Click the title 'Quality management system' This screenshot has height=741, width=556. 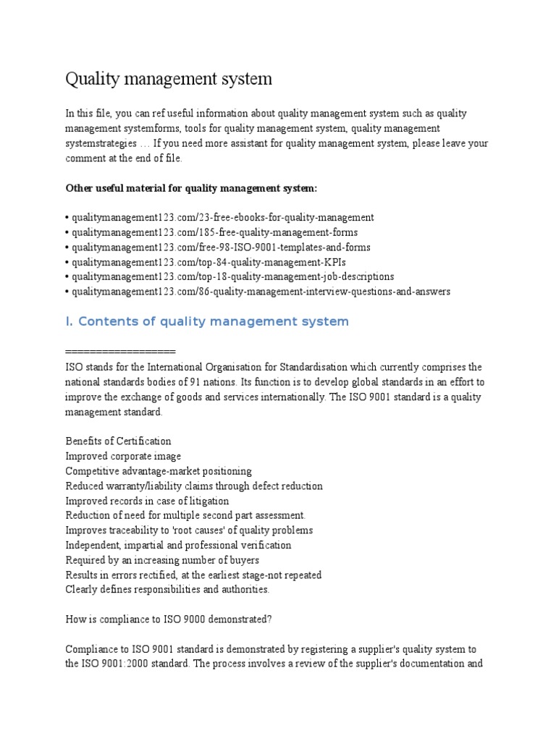coord(169,79)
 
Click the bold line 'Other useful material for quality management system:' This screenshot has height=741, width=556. coord(191,188)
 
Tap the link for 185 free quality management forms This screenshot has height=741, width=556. coord(214,232)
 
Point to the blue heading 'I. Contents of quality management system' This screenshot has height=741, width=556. coord(207,321)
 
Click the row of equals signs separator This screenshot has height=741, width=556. coord(120,352)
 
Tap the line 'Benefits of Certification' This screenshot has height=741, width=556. coord(119,441)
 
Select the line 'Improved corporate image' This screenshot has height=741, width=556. coord(123,456)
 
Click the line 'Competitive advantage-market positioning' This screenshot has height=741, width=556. coord(159,471)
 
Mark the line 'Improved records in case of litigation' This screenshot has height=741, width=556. coord(147,501)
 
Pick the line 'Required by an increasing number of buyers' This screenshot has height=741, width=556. coord(162,560)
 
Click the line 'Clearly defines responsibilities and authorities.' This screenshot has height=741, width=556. coord(167,590)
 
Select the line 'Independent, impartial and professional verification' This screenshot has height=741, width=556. coord(178,545)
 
